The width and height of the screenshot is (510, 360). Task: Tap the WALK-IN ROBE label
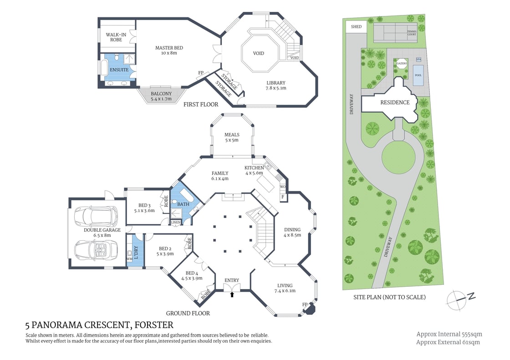[x=116, y=37]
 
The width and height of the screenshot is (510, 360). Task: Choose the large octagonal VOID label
[x=259, y=53]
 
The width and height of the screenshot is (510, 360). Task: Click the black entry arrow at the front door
[x=232, y=295]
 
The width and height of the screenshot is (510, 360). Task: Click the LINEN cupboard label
[x=176, y=222]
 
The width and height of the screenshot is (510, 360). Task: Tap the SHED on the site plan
[x=356, y=27]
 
